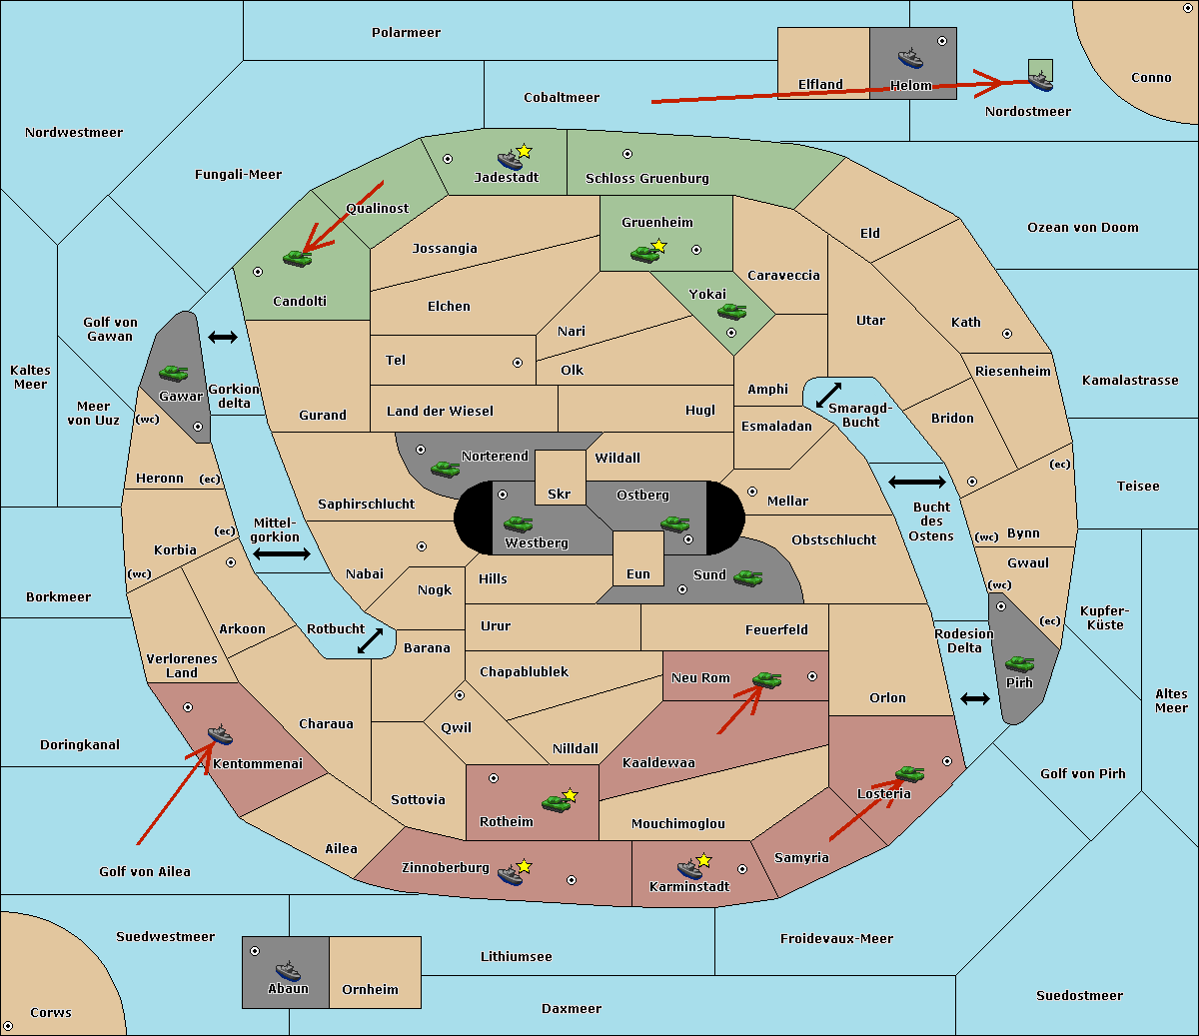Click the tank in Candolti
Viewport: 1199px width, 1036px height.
point(297,258)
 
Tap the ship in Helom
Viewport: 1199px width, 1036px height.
point(910,58)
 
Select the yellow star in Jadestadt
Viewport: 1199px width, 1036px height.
point(524,152)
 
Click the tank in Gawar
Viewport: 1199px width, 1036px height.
point(174,373)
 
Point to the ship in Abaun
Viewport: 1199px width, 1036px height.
point(288,970)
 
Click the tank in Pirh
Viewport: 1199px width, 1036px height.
point(1019,663)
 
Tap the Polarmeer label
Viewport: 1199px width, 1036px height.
point(406,33)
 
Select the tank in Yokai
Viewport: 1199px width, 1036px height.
point(731,312)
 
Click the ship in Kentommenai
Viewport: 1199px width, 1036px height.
point(220,734)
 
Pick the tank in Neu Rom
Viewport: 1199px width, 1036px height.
point(766,679)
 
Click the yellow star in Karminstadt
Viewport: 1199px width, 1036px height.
point(703,859)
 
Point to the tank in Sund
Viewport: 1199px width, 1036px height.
point(747,577)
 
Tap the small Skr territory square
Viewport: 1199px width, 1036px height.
point(560,478)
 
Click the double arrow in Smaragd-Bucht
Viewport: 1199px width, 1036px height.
point(828,395)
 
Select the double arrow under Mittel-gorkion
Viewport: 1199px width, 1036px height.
point(282,554)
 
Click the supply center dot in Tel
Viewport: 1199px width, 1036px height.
point(518,363)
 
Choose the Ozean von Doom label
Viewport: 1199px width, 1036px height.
point(1083,228)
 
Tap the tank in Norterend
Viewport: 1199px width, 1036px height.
point(445,469)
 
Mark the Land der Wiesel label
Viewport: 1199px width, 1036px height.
point(440,412)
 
